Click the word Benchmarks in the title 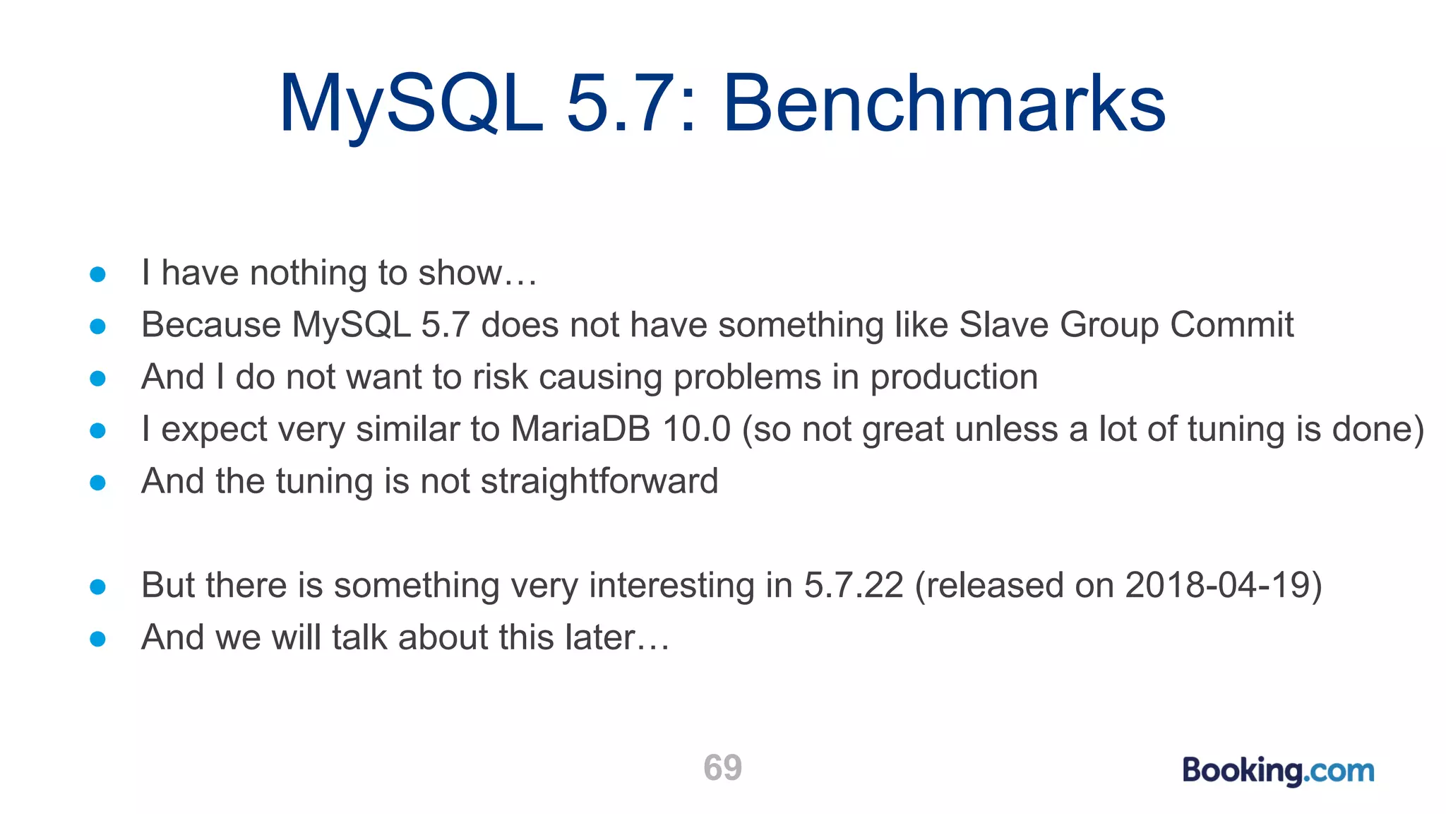[x=943, y=105]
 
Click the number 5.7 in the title [x=621, y=105]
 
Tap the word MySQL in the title [x=411, y=105]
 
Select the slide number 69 [x=722, y=767]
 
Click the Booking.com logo [x=1278, y=770]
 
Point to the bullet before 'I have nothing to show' [x=98, y=274]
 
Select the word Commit [x=1231, y=325]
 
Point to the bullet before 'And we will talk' [x=98, y=639]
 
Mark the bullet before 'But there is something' [x=98, y=587]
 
